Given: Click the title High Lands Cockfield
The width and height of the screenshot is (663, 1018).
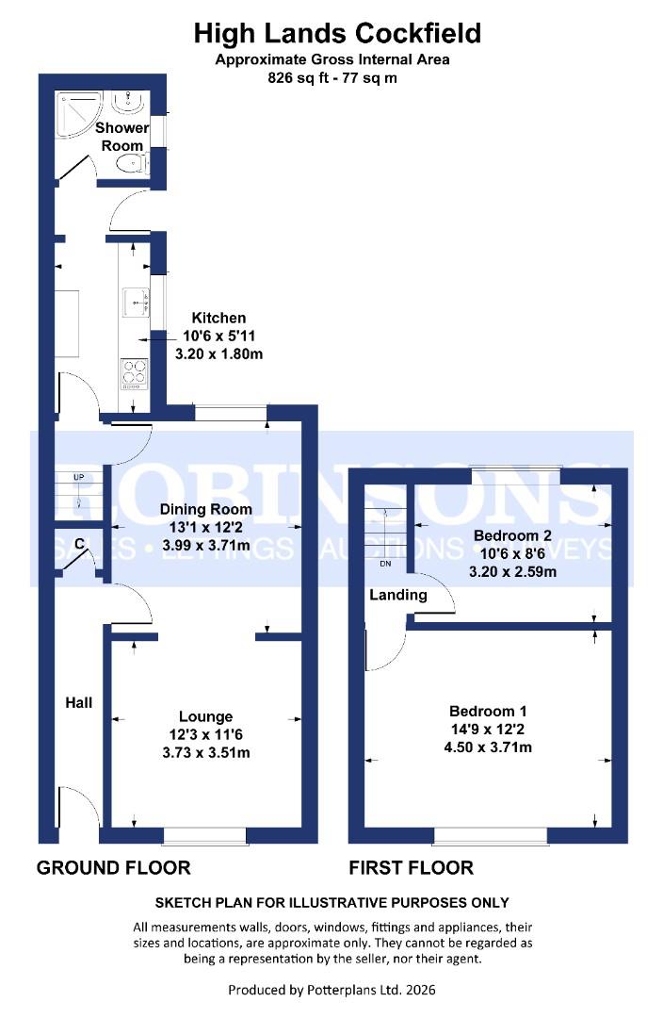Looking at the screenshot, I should [337, 34].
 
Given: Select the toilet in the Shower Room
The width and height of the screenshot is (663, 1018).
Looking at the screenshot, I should [132, 166].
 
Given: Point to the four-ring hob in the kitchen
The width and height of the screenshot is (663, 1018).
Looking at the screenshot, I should [133, 373].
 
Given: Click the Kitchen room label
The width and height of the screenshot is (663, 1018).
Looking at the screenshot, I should [218, 318].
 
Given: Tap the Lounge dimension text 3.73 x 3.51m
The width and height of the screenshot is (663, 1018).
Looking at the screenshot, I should [205, 752].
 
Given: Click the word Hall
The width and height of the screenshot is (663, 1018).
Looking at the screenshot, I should [78, 702].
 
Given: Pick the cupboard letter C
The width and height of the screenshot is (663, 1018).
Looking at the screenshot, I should [80, 543].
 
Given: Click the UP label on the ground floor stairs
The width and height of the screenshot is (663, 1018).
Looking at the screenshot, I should [79, 478].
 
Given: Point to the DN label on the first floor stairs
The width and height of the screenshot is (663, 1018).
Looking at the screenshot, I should [384, 564].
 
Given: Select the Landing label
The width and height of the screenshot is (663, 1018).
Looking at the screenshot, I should [397, 595].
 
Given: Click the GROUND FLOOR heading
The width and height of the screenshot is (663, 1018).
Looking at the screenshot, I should [113, 868].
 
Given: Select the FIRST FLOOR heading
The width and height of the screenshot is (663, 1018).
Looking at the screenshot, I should [411, 868].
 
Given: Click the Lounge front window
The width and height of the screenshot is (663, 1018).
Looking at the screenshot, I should [205, 835].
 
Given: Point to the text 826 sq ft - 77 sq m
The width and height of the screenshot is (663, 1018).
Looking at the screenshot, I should [332, 78].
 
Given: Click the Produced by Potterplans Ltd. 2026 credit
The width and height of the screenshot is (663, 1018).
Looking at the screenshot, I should [332, 990].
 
